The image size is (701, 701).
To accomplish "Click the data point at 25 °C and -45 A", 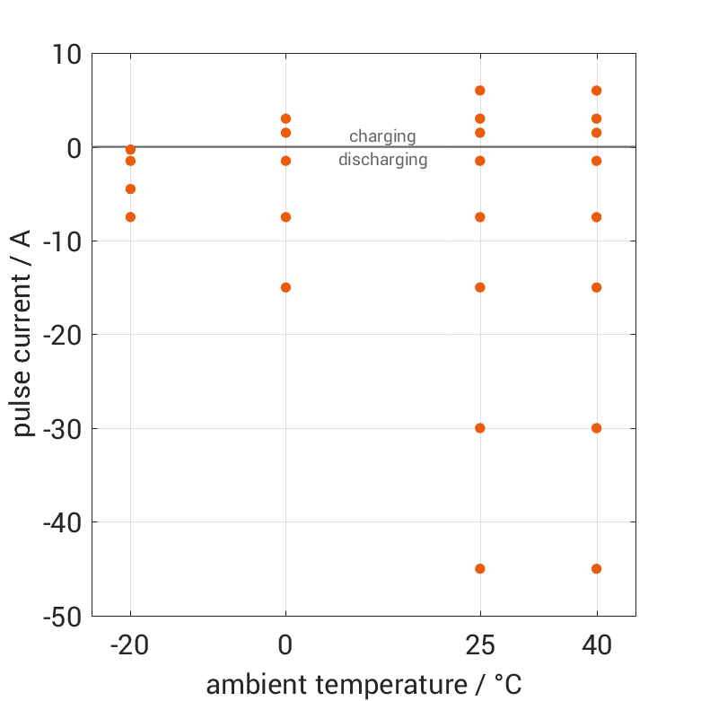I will click(x=480, y=569).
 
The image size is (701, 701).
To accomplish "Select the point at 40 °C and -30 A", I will click(x=597, y=428).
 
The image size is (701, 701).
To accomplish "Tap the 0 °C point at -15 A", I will click(x=285, y=288).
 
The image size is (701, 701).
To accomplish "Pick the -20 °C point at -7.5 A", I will click(x=130, y=217).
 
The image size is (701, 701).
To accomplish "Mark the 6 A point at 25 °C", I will click(x=480, y=91).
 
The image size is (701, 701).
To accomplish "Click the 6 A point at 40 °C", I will click(x=597, y=91).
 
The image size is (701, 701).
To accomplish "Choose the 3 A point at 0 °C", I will click(x=285, y=118).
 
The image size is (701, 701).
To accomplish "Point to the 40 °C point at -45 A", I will click(x=597, y=569).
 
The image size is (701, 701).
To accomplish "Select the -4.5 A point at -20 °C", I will click(x=130, y=189).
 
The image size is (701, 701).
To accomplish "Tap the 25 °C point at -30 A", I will click(x=480, y=428).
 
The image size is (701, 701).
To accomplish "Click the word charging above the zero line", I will click(x=382, y=136).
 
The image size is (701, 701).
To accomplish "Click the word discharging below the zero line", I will click(x=382, y=161).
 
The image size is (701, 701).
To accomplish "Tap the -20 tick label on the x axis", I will click(x=129, y=644).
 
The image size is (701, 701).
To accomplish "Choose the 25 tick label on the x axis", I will click(x=480, y=644).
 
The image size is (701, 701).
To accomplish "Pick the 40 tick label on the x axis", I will click(x=597, y=644).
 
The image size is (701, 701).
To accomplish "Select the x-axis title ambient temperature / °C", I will click(x=364, y=686).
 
